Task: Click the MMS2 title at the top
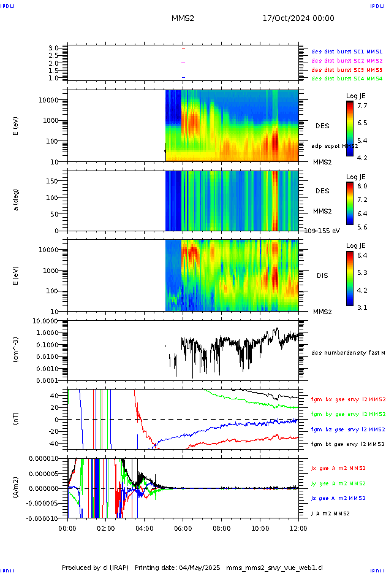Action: [x=183, y=18]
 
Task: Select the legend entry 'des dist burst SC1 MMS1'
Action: [x=347, y=52]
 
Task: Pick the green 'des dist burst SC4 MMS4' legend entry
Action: [x=347, y=79]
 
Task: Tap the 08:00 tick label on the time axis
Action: [x=222, y=528]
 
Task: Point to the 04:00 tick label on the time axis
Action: [x=145, y=528]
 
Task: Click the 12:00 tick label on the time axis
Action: [x=298, y=528]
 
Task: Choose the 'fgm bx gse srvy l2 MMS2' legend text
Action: [x=347, y=399]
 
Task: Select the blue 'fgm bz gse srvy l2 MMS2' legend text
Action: [x=347, y=429]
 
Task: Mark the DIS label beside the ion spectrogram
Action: [x=322, y=275]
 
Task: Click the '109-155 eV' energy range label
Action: [x=322, y=231]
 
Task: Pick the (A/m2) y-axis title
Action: [x=17, y=488]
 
